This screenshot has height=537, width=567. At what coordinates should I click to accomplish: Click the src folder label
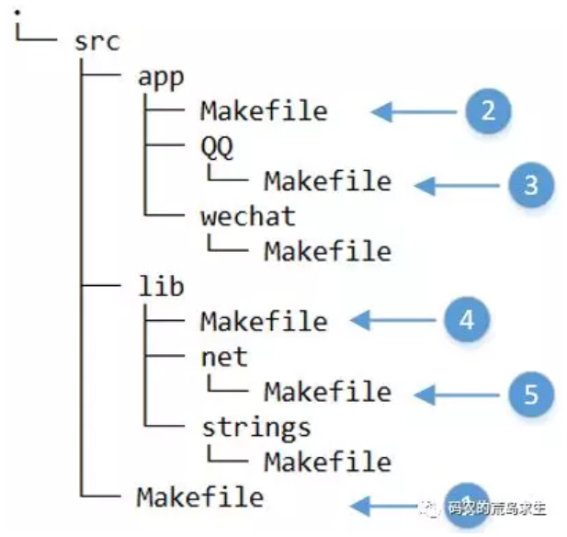[x=96, y=41]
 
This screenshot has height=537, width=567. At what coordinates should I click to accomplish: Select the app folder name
[x=160, y=76]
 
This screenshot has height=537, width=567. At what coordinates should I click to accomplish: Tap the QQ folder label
[x=217, y=146]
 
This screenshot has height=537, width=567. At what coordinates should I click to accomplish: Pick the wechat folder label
[x=248, y=216]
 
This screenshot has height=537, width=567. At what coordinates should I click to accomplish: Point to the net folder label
[x=224, y=355]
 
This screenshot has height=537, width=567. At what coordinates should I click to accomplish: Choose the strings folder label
[x=255, y=426]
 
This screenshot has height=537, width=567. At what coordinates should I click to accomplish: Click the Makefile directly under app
[x=264, y=111]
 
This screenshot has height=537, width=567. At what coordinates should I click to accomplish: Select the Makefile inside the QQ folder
[x=327, y=181]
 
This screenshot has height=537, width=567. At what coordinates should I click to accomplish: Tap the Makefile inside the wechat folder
[x=327, y=251]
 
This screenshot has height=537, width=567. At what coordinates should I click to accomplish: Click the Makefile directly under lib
[x=264, y=321]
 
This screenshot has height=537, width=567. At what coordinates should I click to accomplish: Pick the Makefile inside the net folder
[x=327, y=391]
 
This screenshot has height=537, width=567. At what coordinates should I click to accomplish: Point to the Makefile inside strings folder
[x=327, y=461]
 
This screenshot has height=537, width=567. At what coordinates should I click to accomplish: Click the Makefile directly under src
[x=200, y=497]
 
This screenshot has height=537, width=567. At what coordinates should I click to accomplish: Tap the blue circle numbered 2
[x=487, y=112]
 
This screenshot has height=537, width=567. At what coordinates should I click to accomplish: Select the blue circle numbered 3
[x=530, y=184]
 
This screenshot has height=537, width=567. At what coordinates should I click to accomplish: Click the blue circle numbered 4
[x=466, y=320]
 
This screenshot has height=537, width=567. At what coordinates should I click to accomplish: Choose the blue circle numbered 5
[x=530, y=394]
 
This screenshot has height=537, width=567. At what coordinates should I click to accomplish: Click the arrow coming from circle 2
[x=414, y=112]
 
